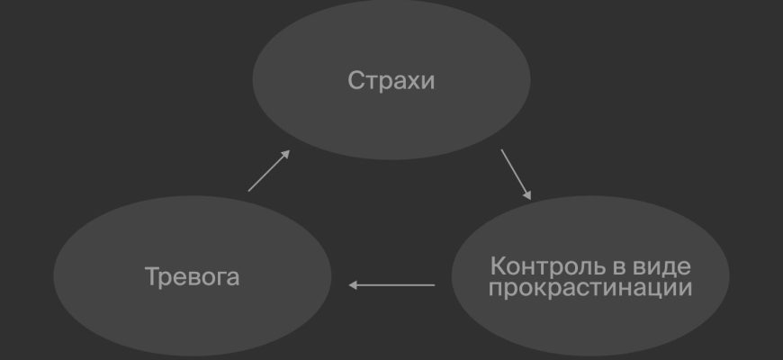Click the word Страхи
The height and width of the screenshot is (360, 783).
pyautogui.click(x=391, y=80)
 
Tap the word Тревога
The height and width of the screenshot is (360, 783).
pyautogui.click(x=193, y=276)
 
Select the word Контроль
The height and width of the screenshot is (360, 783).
pyautogui.click(x=548, y=266)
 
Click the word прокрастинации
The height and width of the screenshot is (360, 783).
pyautogui.click(x=590, y=289)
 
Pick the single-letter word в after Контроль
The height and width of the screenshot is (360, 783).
pyautogui.click(x=619, y=268)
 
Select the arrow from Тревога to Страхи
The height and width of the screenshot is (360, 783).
pyautogui.click(x=269, y=170)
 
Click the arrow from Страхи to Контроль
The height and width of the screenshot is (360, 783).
pyautogui.click(x=516, y=175)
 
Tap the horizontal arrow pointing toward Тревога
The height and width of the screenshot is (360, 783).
pyautogui.click(x=391, y=285)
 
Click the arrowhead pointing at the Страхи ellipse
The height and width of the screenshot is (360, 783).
pyautogui.click(x=286, y=153)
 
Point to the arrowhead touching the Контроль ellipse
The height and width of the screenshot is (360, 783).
pyautogui.click(x=527, y=195)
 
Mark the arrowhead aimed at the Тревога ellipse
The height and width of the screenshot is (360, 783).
pyautogui.click(x=352, y=285)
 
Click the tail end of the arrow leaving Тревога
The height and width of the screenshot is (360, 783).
pyautogui.click(x=248, y=191)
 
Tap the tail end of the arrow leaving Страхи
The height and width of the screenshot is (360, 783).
pyautogui.click(x=501, y=149)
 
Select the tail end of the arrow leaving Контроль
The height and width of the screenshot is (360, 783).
pyautogui.click(x=435, y=285)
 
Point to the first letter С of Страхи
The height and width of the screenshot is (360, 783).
pyautogui.click(x=355, y=80)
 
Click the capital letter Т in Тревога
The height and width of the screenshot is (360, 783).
pyautogui.click(x=152, y=276)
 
